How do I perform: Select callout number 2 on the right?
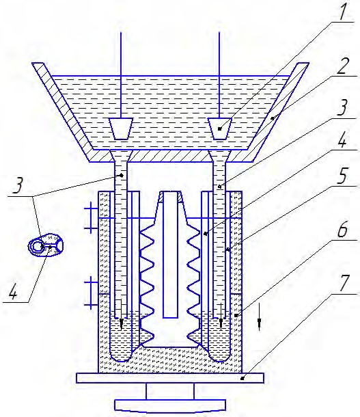tap(345, 65)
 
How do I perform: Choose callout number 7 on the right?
tap(344, 283)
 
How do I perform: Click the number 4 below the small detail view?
tap(12, 290)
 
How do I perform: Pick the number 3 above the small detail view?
tap(18, 185)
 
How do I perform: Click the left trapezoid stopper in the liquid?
tap(121, 129)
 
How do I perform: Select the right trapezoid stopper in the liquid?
tap(219, 129)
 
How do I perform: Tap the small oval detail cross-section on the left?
tap(46, 245)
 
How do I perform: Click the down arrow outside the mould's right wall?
tap(260, 317)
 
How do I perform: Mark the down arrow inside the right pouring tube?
tap(221, 317)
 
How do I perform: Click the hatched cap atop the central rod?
tap(170, 197)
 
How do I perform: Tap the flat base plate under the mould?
tap(170, 378)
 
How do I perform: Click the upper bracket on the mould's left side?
tap(91, 217)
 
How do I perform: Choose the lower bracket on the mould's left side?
tap(91, 293)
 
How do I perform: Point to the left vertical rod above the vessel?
tap(121, 75)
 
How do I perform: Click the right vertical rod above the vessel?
tap(219, 75)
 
